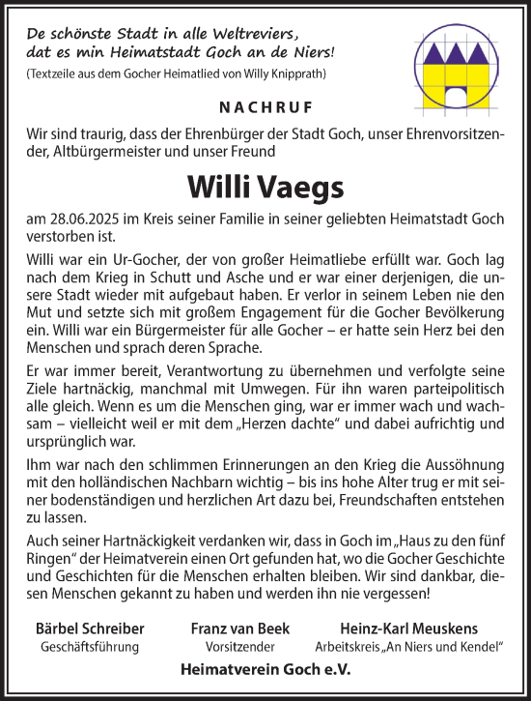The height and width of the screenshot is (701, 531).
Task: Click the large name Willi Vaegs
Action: click(x=265, y=185)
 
